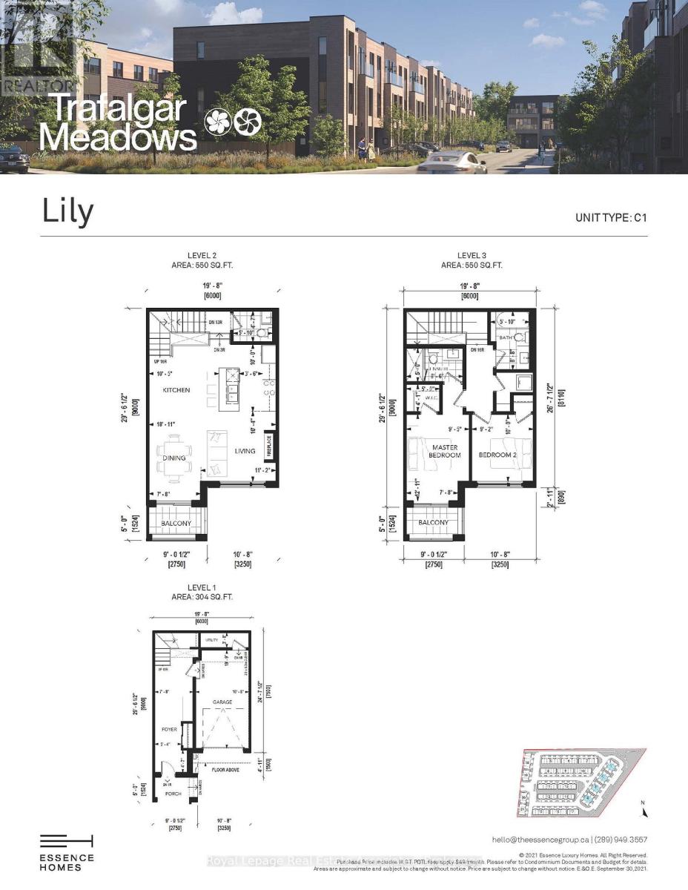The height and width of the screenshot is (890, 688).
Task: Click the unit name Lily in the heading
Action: point(67,211)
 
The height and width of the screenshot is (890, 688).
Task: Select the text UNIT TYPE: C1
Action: point(611,218)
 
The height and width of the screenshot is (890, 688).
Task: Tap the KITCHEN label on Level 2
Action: point(177,390)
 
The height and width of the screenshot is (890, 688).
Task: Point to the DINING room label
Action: point(174,458)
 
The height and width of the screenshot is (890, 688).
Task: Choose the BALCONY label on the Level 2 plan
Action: point(176,524)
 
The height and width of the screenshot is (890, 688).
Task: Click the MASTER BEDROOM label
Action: point(445,451)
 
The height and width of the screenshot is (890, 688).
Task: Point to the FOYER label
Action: point(169,730)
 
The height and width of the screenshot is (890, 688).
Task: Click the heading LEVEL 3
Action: point(472,256)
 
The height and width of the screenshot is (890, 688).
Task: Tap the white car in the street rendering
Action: point(451,160)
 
